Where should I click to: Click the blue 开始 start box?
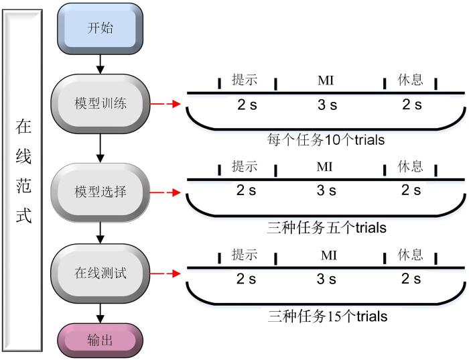pyautogui.click(x=100, y=28)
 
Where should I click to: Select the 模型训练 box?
pyautogui.click(x=100, y=104)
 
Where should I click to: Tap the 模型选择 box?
pyautogui.click(x=100, y=192)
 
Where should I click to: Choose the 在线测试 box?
pyautogui.click(x=100, y=274)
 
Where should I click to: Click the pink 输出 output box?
pyautogui.click(x=100, y=340)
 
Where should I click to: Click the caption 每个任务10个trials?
pyautogui.click(x=326, y=140)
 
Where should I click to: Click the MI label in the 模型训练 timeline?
pyautogui.click(x=325, y=80)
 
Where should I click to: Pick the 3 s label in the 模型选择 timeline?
pyautogui.click(x=326, y=191)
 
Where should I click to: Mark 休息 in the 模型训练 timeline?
pyautogui.click(x=410, y=80)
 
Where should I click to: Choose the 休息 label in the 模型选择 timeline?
pyautogui.click(x=411, y=166)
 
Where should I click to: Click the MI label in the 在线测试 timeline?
pyautogui.click(x=328, y=255)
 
